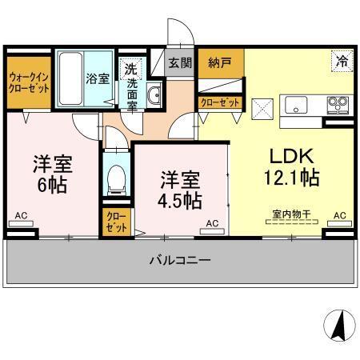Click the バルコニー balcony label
tap(179, 261)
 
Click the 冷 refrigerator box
tap(342, 61)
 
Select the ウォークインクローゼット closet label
tap(28, 84)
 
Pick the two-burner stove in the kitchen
tap(337, 105)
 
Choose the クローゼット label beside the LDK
tap(220, 102)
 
